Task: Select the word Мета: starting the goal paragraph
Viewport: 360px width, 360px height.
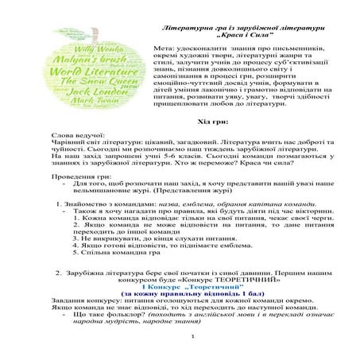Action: [x=165, y=51]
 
